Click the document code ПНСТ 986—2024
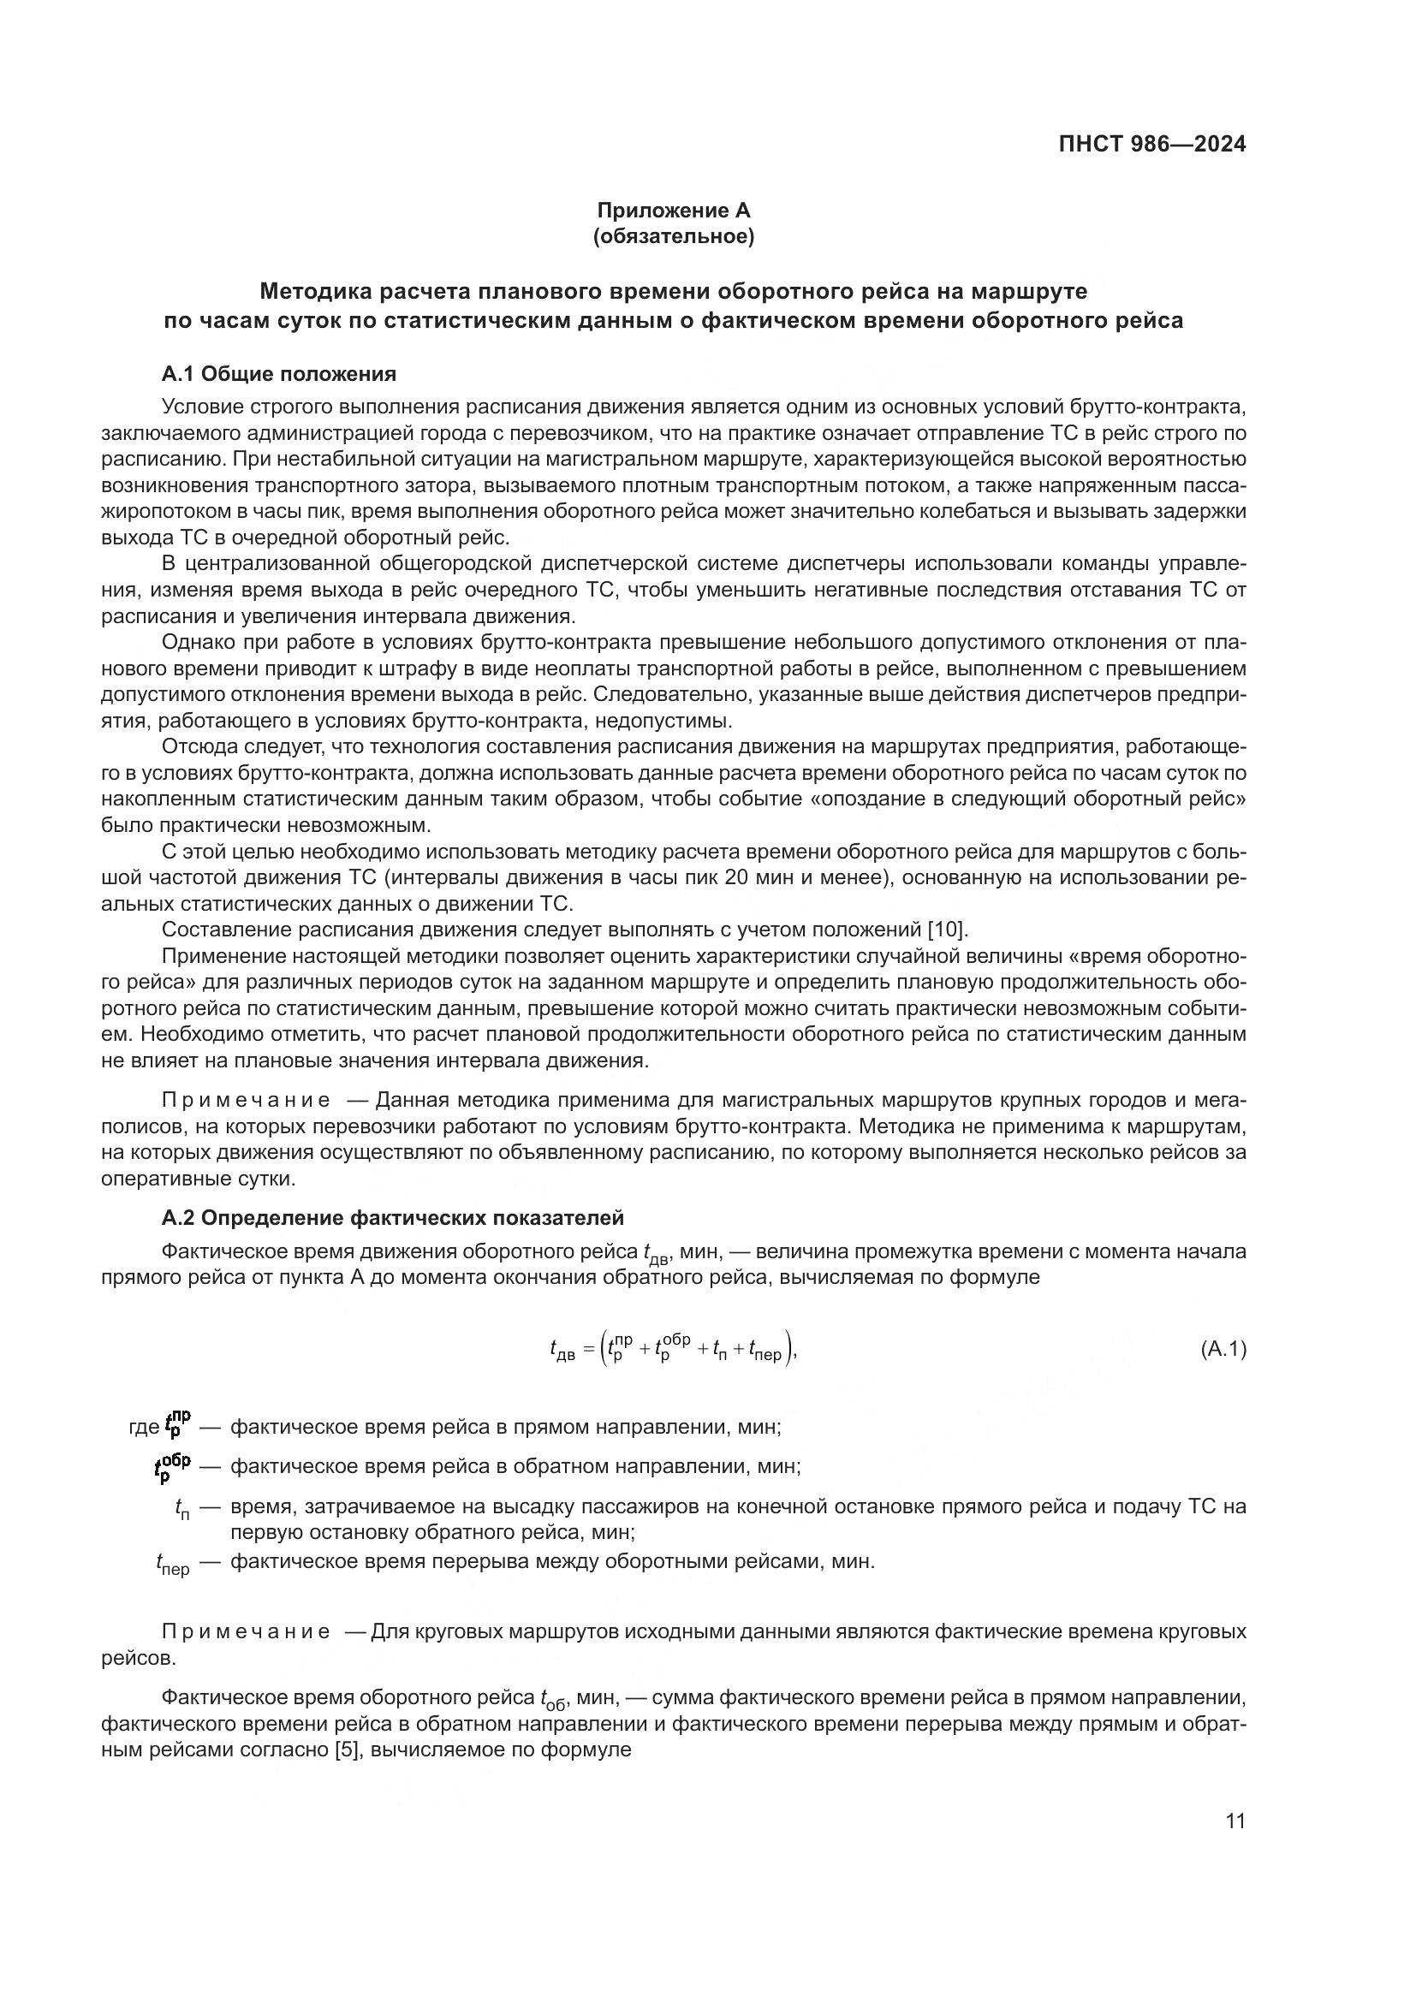(1151, 144)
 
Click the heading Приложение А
(673, 211)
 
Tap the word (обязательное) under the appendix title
(673, 236)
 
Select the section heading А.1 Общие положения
(279, 374)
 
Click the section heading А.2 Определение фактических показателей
(392, 1217)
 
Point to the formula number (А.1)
(1223, 1350)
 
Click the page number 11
(1235, 1821)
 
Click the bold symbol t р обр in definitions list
(172, 1465)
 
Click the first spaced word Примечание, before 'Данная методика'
(246, 1101)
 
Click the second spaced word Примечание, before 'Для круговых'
(246, 1631)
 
